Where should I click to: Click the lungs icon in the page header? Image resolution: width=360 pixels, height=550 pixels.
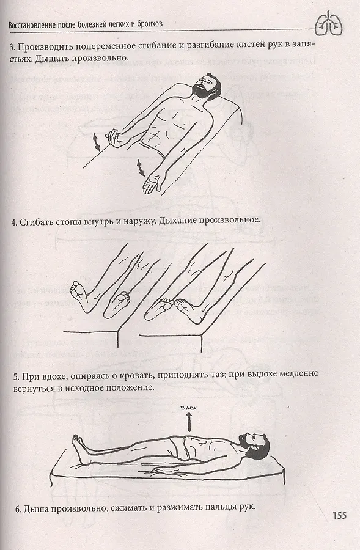coord(329,24)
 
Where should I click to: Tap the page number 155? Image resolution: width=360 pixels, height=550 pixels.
coord(339,515)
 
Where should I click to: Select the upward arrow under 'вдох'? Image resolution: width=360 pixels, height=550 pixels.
coord(189,422)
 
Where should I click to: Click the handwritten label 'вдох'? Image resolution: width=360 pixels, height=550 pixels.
coord(189,408)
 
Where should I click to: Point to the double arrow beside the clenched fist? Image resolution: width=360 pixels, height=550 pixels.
coord(95,141)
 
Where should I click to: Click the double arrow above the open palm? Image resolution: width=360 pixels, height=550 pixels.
coord(140,167)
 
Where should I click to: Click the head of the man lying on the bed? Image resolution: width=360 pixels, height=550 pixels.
coord(254,444)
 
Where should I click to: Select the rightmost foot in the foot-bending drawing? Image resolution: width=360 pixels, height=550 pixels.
coord(188,309)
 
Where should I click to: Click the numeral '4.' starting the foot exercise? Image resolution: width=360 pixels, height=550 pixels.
coord(15,222)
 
